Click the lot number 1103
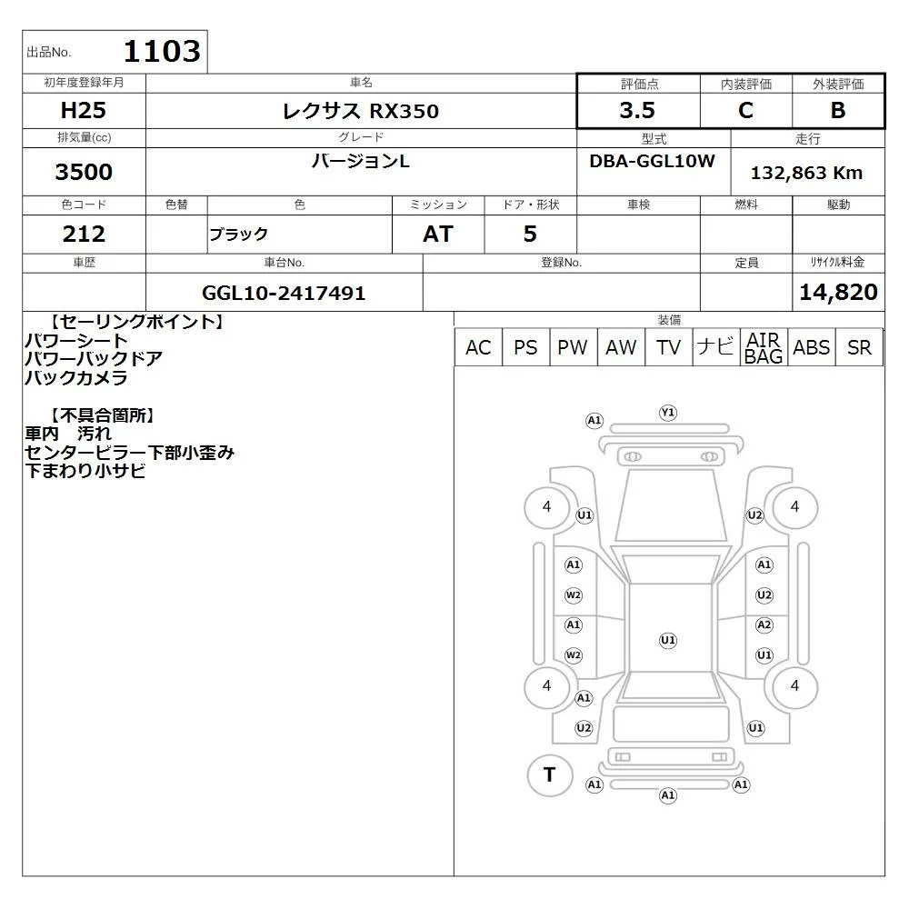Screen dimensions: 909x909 pos(162,51)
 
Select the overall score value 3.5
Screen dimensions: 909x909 pos(637,110)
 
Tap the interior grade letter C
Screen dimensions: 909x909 pos(745,110)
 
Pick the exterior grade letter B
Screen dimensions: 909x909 pos(838,110)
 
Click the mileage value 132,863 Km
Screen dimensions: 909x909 pos(806,173)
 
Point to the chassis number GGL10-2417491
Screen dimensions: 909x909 pos(284,293)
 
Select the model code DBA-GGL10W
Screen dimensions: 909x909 pos(652,161)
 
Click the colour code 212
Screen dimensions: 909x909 pos(84,234)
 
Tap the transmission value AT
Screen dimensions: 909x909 pos(438,234)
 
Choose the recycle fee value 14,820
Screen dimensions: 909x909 pos(838,292)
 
